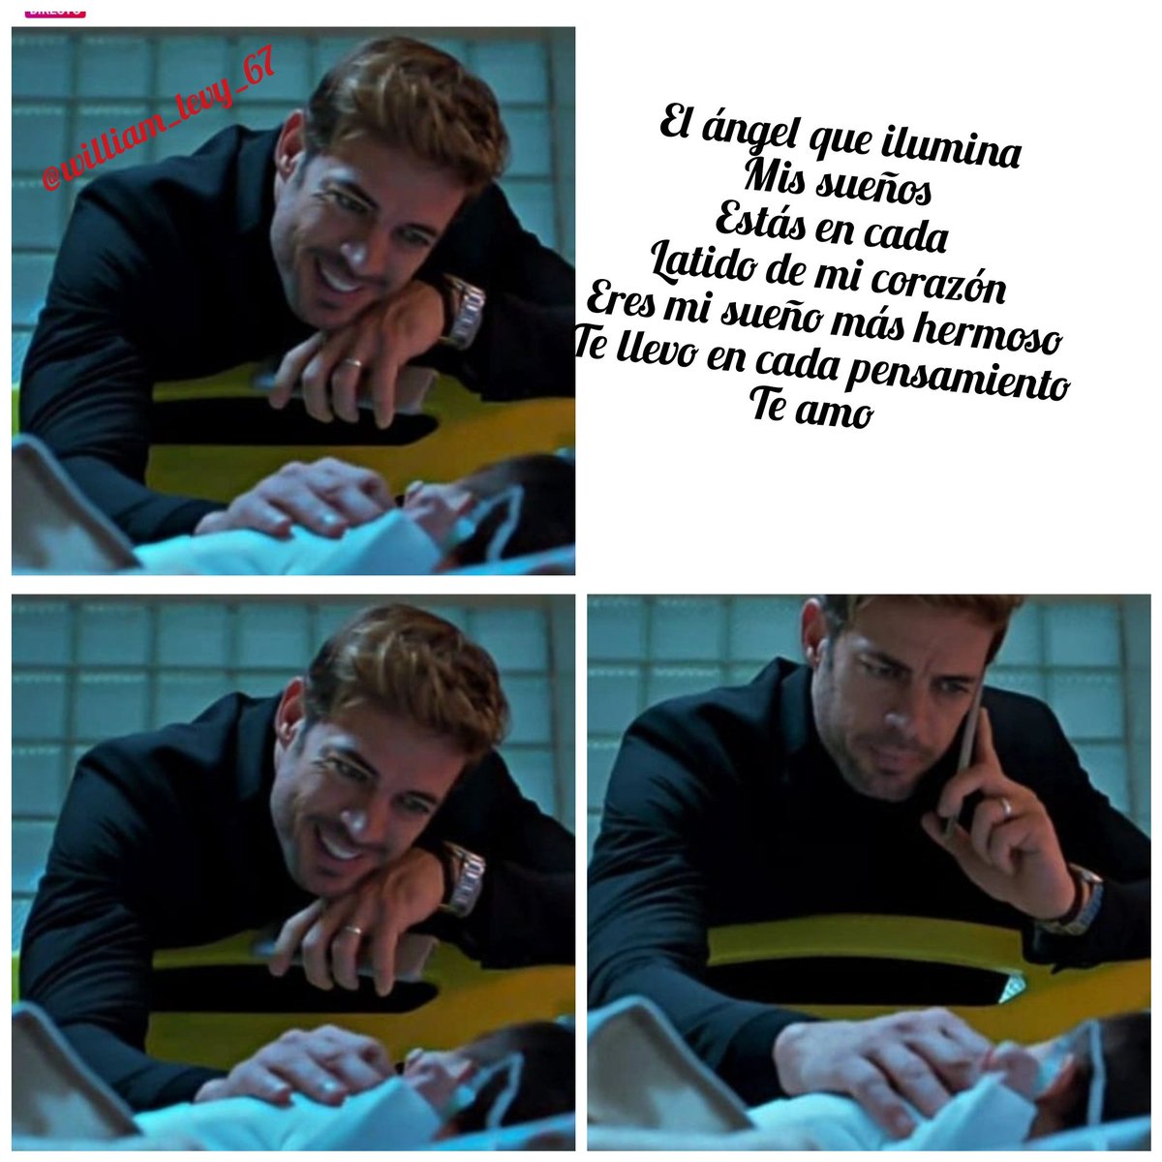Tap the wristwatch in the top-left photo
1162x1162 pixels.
(463, 309)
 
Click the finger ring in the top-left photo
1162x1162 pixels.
(353, 363)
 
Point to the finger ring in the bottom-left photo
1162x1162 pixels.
(353, 931)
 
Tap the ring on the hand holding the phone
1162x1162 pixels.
(1006, 806)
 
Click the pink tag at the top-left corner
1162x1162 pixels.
(53, 10)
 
